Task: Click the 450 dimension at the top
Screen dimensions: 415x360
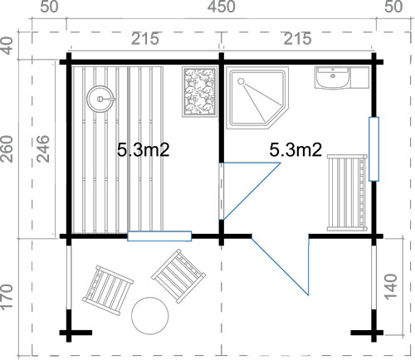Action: point(222,7)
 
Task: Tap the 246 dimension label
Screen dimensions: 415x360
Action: point(43,148)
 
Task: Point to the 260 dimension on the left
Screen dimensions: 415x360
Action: point(7,148)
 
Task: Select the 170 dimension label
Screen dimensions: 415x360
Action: point(7,297)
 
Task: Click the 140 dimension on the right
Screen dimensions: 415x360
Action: point(391,286)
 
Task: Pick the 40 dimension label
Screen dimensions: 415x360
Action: point(7,46)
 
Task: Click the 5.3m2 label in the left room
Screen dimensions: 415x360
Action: point(143,150)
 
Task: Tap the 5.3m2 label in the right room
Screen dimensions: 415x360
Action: point(295,150)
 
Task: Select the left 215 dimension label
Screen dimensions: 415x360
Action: point(145,39)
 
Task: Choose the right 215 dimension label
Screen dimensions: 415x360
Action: point(298,39)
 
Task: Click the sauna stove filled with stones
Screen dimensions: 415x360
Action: point(200,91)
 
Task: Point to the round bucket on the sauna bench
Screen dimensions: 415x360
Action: point(100,99)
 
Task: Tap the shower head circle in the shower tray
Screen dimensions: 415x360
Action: point(241,81)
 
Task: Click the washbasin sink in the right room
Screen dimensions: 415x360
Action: point(333,78)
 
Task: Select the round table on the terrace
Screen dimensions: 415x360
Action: point(150,316)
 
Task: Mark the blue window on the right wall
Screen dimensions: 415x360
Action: point(373,149)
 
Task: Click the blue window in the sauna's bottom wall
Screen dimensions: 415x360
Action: point(159,236)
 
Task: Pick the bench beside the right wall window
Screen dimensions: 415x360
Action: point(347,192)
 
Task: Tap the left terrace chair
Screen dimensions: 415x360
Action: point(108,290)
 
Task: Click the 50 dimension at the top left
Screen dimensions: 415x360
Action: point(50,7)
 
